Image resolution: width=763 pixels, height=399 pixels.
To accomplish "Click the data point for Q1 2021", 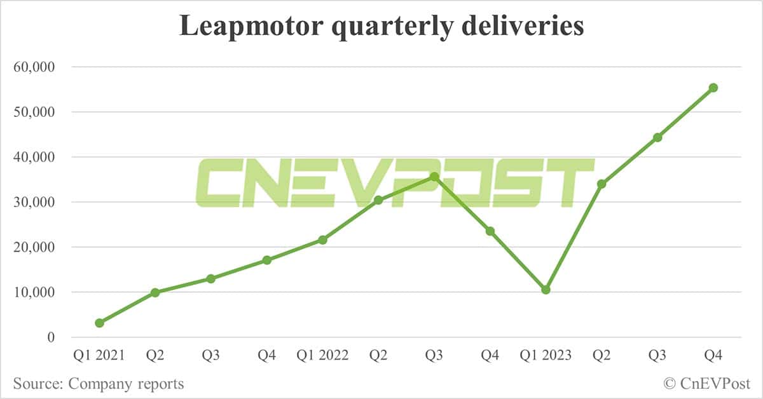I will point(99,323).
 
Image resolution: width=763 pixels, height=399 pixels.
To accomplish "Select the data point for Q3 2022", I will point(434,177).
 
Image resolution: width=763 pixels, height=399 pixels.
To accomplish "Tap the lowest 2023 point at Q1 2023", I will point(546,290).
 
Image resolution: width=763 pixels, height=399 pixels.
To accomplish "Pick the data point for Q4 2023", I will point(713,88).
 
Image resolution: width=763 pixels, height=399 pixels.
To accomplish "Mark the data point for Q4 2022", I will point(490,231).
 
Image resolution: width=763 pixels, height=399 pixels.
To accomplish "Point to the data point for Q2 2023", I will point(601,184).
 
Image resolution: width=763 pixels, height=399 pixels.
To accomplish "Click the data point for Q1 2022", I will point(322,240).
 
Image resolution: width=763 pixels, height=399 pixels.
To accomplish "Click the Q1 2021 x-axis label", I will point(99,356).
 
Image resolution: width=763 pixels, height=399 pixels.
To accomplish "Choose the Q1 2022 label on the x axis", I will point(322,356).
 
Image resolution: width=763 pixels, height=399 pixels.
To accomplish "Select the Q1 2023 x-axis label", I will point(546,356).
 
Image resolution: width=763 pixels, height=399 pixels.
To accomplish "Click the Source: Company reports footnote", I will point(99,384).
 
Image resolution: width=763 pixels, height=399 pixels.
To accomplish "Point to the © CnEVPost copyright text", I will point(706,384).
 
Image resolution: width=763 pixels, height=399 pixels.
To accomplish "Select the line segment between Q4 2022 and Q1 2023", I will point(518,260).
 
